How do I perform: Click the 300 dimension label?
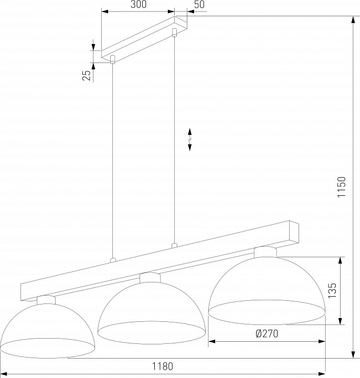(139, 4)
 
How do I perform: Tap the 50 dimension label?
(199, 4)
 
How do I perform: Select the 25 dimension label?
(87, 75)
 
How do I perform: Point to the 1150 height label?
(342, 187)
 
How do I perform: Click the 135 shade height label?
(332, 290)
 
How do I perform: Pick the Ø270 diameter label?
(267, 334)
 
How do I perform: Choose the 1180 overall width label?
(162, 366)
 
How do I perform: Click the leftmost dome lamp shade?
(47, 331)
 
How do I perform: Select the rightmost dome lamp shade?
(267, 291)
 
